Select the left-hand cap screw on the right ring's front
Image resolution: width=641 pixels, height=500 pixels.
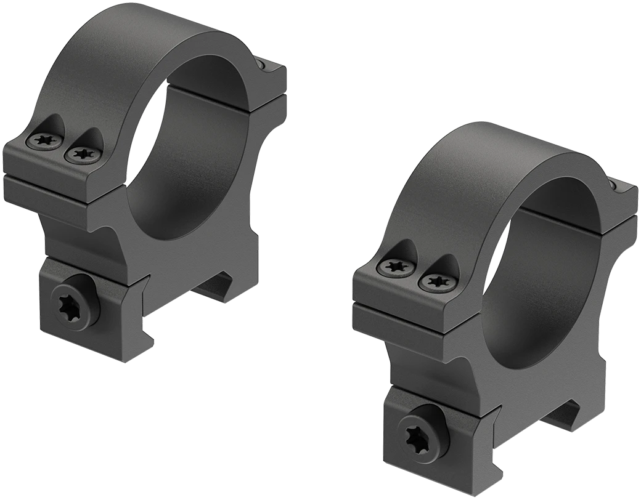pyautogui.click(x=394, y=267)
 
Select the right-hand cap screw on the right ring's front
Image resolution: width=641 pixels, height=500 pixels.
pyautogui.click(x=436, y=282)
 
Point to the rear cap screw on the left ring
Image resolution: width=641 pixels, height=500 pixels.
pyautogui.click(x=264, y=65)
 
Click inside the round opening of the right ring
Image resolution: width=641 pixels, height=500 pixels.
pyautogui.click(x=542, y=277)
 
